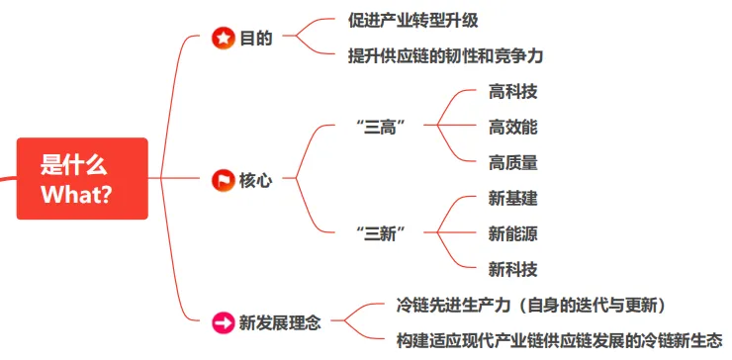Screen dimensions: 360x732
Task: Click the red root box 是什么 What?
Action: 81,179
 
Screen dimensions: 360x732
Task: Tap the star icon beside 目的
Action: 224,38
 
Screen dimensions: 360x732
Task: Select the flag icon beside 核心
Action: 224,180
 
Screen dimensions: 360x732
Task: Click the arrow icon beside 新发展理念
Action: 224,321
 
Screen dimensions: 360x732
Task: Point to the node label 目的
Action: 255,38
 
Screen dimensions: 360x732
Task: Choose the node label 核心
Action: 255,180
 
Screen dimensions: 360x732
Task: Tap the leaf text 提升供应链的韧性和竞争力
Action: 446,55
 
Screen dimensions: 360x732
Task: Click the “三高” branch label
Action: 382,126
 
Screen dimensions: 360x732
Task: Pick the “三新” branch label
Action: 382,232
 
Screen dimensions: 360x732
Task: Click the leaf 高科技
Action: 512,91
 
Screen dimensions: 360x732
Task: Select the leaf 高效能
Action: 512,127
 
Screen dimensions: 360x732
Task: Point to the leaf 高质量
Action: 512,162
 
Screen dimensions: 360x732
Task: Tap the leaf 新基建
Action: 512,198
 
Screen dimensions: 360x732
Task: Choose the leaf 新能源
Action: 512,233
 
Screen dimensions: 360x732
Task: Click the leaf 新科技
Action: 512,269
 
